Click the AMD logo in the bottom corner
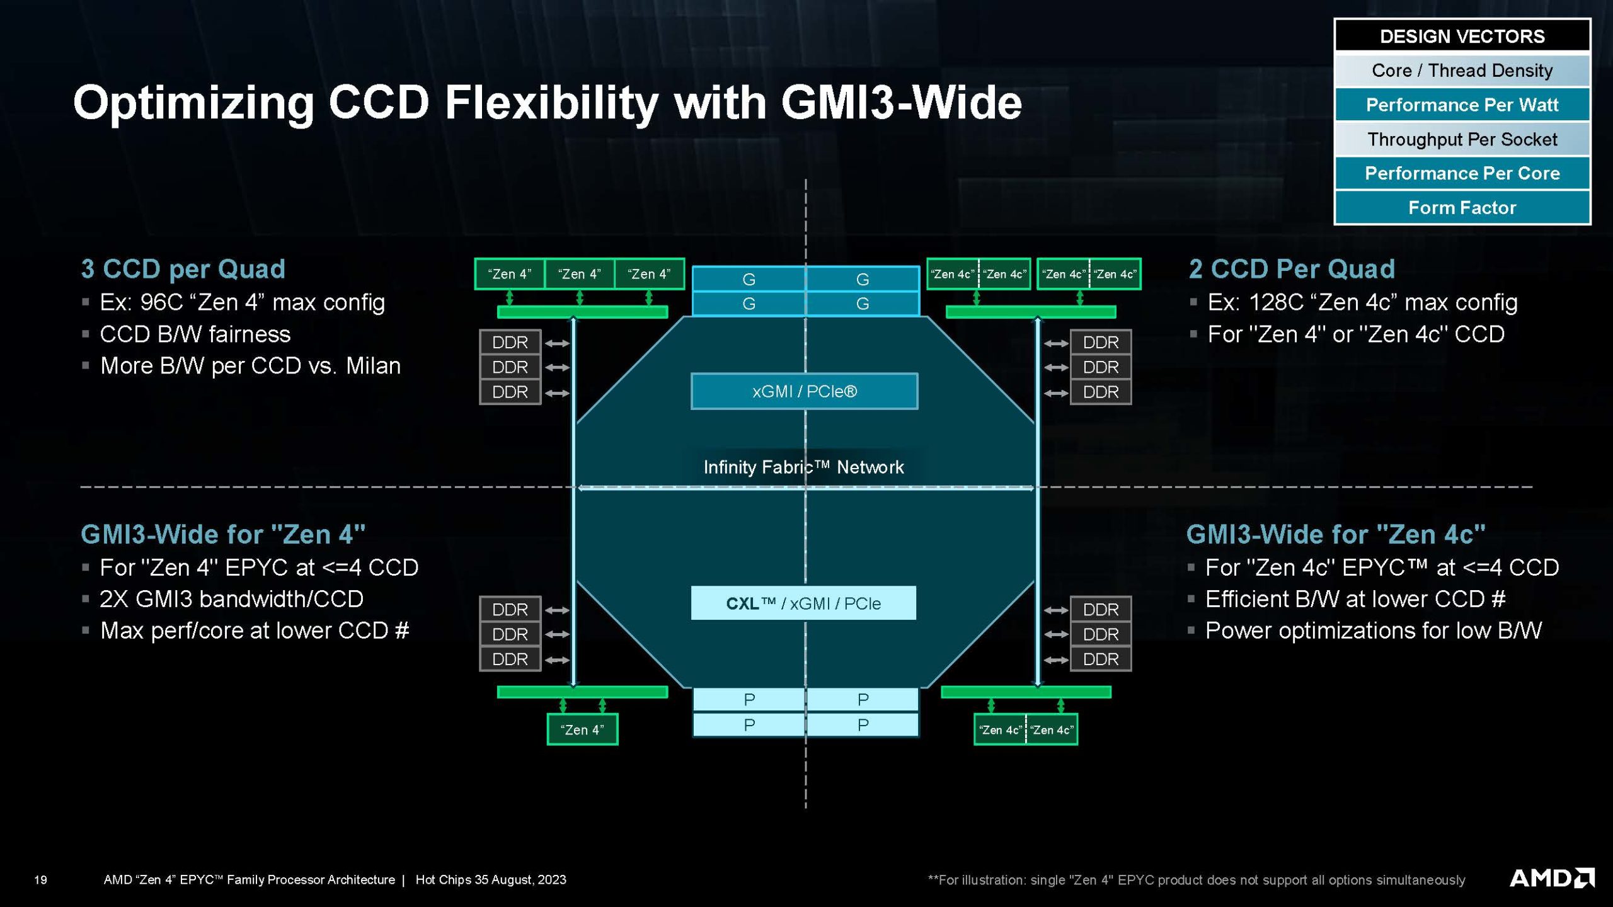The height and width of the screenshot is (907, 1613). tap(1551, 878)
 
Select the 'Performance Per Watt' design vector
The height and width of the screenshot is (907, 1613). tap(1462, 105)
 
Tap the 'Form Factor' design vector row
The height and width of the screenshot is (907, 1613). tap(1462, 207)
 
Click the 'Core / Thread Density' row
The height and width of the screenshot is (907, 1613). tap(1462, 71)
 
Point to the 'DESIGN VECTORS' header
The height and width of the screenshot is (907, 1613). tap(1462, 37)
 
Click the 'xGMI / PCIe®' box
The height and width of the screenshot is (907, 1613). tap(804, 391)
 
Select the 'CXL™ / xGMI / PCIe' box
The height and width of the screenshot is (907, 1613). tap(803, 603)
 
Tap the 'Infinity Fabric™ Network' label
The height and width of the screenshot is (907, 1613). tap(803, 467)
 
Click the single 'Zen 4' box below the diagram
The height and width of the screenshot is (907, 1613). tap(582, 729)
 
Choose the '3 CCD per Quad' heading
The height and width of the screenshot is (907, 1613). tap(183, 269)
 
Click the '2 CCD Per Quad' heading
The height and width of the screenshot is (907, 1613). tap(1292, 269)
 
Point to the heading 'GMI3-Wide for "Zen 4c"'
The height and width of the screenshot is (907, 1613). tap(1336, 534)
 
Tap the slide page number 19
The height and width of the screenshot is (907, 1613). tap(40, 880)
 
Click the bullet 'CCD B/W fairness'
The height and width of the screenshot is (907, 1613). tap(195, 334)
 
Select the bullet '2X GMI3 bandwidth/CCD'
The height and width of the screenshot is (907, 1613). tap(231, 599)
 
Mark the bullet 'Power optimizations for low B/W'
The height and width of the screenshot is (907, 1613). tap(1374, 630)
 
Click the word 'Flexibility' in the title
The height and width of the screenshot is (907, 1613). tap(551, 103)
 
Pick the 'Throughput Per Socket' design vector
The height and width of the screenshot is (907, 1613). tap(1462, 139)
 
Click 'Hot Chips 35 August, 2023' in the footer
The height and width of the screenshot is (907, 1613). tap(491, 880)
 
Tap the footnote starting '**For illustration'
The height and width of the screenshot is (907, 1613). tap(1196, 880)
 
